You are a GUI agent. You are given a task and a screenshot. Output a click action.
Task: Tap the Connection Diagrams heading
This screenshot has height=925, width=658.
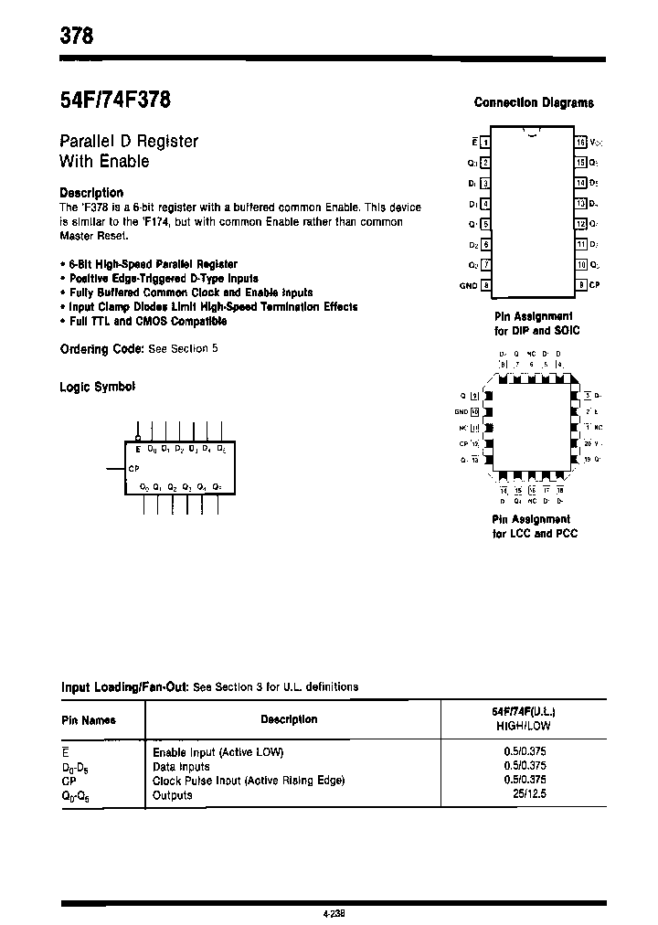point(534,103)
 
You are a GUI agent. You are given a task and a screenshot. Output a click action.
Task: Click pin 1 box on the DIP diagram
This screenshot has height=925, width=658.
point(485,142)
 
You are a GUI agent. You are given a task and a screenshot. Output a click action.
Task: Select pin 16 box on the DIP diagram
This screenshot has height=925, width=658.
point(580,142)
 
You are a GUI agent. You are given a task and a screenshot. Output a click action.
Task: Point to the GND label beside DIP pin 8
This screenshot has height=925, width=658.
point(467,285)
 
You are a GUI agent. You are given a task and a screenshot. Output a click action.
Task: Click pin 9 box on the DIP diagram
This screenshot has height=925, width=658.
point(580,285)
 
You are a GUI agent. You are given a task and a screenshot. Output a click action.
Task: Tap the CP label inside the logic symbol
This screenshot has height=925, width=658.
point(134,467)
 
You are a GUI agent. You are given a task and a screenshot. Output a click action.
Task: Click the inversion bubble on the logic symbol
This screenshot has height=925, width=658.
point(138,439)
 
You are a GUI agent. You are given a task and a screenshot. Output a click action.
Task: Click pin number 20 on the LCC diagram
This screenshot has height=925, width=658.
point(586,443)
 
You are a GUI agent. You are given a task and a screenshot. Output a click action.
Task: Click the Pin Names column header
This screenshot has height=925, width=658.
point(89,720)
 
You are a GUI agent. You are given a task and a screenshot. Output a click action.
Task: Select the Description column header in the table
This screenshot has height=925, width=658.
point(289,719)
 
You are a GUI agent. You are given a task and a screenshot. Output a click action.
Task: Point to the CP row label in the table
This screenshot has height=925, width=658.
point(69,781)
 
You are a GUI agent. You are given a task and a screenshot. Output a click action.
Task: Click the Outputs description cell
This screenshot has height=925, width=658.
point(173,795)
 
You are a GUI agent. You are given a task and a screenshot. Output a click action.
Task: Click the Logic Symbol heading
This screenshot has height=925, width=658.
point(98,387)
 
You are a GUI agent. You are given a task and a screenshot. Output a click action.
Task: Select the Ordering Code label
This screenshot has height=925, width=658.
point(101,349)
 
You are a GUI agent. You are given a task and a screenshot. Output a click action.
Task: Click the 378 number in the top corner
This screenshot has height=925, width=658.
point(77,37)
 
